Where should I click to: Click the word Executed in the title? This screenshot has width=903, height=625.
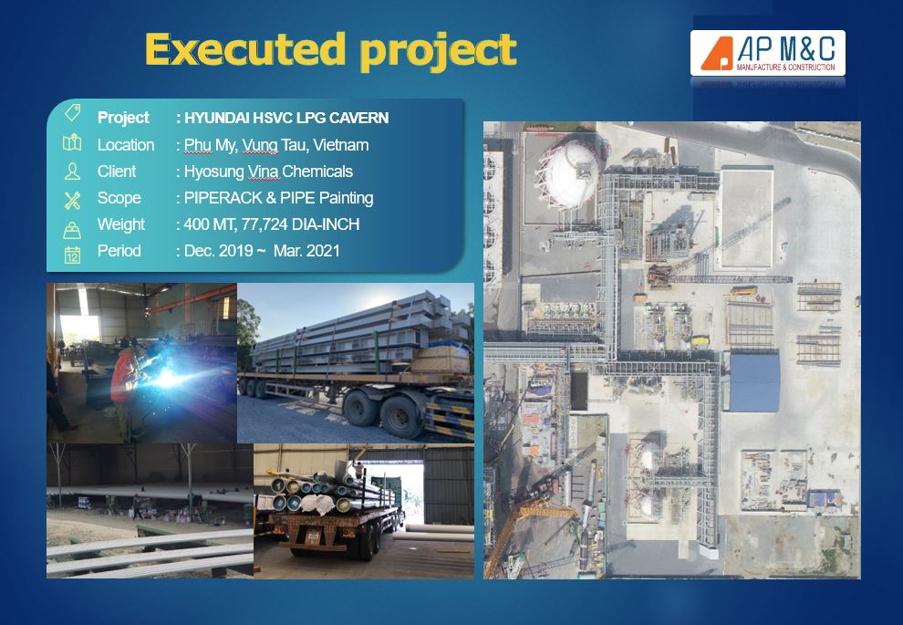click(245, 49)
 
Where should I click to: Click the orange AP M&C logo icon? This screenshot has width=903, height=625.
click(716, 54)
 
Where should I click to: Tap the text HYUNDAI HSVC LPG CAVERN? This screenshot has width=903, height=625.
click(286, 118)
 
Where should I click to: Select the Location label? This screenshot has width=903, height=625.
click(126, 144)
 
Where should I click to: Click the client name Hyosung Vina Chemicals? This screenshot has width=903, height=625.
click(268, 172)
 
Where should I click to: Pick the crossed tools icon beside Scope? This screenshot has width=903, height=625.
click(73, 200)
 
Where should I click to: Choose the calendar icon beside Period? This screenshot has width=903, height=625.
click(73, 254)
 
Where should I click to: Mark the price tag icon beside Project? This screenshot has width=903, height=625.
click(73, 112)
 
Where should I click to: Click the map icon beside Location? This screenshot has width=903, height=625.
click(72, 142)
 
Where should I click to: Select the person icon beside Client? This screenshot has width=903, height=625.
click(73, 172)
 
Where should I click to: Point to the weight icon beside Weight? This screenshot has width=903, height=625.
click(72, 230)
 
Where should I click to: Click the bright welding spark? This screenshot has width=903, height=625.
click(165, 378)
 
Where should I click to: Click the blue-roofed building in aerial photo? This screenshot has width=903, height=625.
click(753, 380)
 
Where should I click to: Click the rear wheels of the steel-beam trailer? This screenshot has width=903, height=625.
click(381, 411)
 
